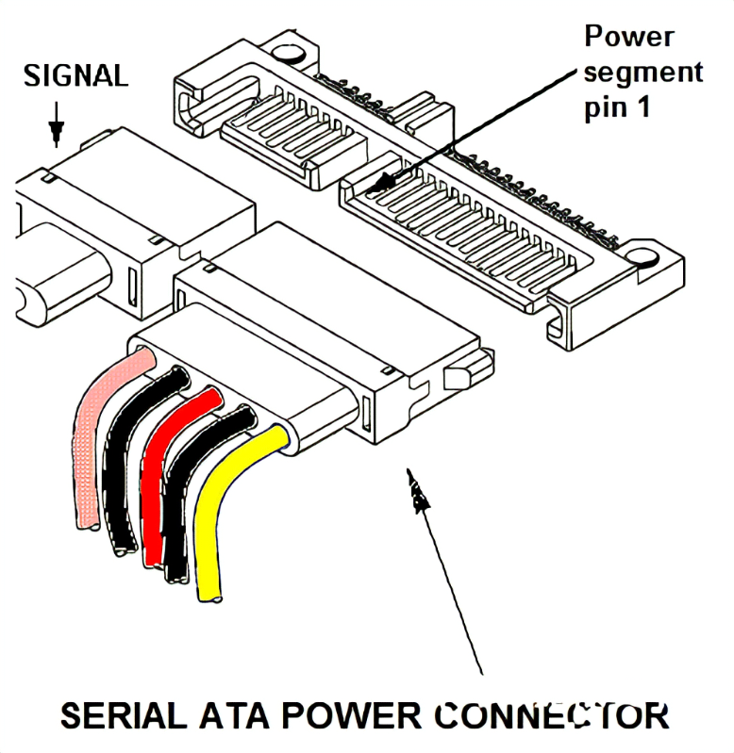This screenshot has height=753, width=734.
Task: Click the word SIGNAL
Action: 75,75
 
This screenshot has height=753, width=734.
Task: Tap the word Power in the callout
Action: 629,37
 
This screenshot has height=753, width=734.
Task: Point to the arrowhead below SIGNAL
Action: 56,133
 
